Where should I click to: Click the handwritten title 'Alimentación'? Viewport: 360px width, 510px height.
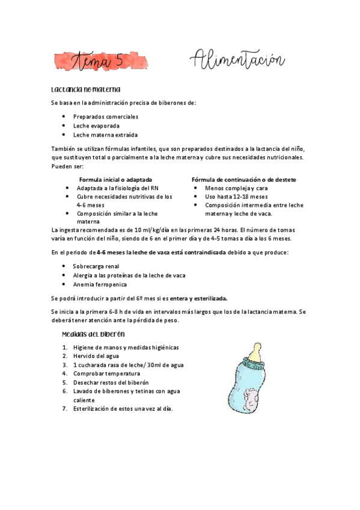pyautogui.click(x=237, y=61)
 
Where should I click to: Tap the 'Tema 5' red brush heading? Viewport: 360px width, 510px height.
pyautogui.click(x=101, y=61)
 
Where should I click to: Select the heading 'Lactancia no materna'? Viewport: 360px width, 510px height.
pyautogui.click(x=86, y=90)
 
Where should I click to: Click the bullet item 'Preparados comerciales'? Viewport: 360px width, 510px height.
pyautogui.click(x=106, y=116)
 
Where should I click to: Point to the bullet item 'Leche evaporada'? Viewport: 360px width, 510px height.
pyautogui.click(x=96, y=126)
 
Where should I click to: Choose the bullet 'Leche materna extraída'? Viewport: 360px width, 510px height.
pyautogui.click(x=105, y=135)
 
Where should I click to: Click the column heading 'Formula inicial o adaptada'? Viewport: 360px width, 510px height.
pyautogui.click(x=115, y=180)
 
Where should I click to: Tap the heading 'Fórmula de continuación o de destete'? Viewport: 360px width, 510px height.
pyautogui.click(x=243, y=180)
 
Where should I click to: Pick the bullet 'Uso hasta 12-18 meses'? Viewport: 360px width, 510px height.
pyautogui.click(x=236, y=197)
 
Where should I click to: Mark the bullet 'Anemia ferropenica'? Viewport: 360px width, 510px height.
pyautogui.click(x=100, y=284)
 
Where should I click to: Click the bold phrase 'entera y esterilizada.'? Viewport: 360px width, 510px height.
pyautogui.click(x=199, y=298)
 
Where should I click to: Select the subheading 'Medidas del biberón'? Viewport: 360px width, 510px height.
pyautogui.click(x=93, y=334)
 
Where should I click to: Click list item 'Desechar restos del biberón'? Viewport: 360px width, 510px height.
pyautogui.click(x=111, y=382)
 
